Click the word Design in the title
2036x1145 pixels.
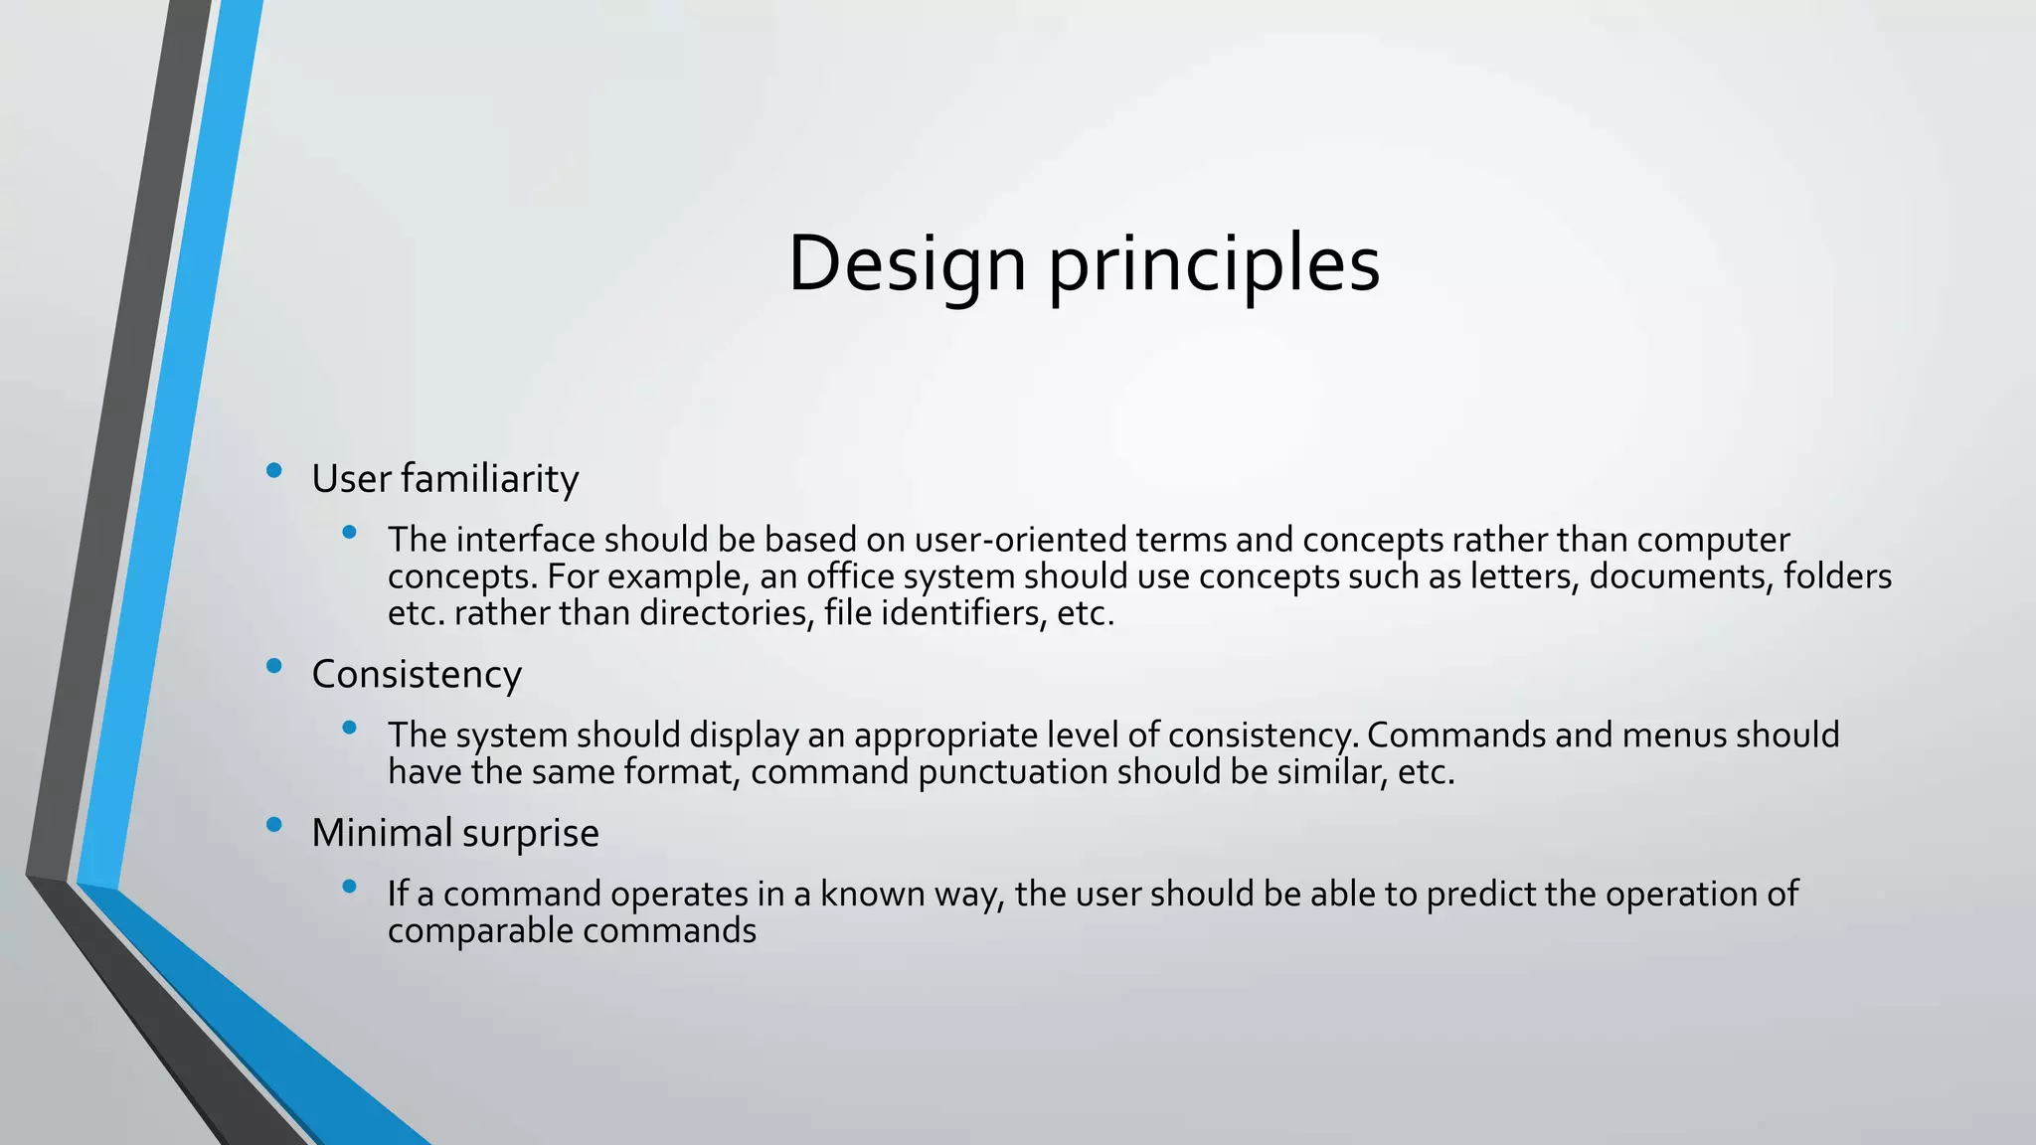(x=907, y=264)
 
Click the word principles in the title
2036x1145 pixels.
(x=1214, y=264)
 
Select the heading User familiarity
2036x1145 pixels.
(x=444, y=479)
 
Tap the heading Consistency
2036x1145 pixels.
(x=417, y=675)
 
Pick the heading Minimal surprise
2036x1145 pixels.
(x=455, y=833)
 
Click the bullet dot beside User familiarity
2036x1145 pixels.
(x=274, y=471)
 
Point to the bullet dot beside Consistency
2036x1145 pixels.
(x=274, y=666)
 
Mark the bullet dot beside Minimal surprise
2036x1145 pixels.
(x=274, y=824)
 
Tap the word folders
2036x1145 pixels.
(x=1837, y=576)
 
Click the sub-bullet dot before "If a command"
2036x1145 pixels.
(x=348, y=887)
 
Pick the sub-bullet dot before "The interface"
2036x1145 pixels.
(x=348, y=533)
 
